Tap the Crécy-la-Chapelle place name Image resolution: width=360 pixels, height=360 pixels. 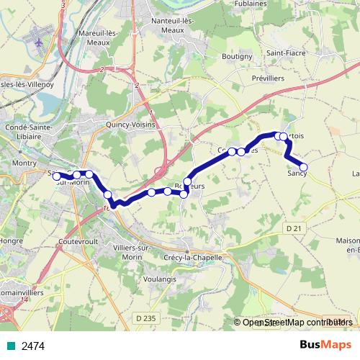pos(194,257)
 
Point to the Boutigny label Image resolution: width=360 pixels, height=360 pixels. pos(237,56)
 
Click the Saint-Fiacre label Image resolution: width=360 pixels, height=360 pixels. pos(284,53)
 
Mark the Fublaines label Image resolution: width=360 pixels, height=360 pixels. pos(251,4)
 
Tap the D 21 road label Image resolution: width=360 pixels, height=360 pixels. pos(292,228)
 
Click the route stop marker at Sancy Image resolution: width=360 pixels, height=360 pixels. pos(303,168)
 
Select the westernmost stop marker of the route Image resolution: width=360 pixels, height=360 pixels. pos(57,176)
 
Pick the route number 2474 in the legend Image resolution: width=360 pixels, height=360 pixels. pos(33,346)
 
